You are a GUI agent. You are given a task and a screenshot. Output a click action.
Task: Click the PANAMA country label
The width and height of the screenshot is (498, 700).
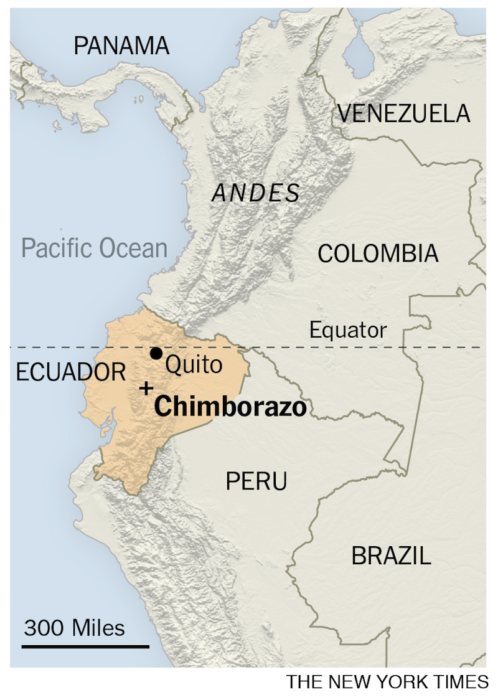coord(121,45)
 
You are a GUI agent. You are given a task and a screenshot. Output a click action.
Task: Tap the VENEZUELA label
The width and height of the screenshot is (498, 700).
coord(403,113)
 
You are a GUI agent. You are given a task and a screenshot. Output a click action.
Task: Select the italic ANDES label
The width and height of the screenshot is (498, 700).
coord(256,193)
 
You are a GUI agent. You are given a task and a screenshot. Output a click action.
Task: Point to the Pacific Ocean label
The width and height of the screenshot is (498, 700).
coord(95,248)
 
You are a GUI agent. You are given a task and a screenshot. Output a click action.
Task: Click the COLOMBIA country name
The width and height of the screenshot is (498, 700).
coord(378,253)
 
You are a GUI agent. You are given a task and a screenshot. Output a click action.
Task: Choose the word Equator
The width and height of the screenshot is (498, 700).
coord(348,330)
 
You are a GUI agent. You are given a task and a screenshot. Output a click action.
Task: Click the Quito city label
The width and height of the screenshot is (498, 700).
coord(194,364)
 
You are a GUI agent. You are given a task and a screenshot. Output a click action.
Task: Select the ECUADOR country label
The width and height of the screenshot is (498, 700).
coord(71,372)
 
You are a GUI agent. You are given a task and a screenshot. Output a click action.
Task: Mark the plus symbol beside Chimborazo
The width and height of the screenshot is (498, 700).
coord(146,389)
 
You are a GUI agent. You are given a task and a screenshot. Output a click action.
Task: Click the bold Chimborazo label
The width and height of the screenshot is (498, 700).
coord(230,407)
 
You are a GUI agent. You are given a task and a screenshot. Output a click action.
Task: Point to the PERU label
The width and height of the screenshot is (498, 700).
coord(256,481)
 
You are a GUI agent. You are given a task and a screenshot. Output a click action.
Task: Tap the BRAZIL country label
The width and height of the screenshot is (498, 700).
coord(391,556)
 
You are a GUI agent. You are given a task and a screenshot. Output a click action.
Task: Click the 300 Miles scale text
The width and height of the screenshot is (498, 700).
coord(74,627)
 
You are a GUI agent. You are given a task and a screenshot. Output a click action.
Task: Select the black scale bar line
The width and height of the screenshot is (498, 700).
coord(85,646)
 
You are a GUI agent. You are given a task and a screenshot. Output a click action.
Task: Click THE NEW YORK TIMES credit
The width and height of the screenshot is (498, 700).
coord(387,682)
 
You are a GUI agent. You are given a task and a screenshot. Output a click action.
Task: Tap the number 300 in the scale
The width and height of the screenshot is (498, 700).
coord(44,627)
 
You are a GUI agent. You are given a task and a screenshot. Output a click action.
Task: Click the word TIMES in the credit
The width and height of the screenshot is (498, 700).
coord(461,682)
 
